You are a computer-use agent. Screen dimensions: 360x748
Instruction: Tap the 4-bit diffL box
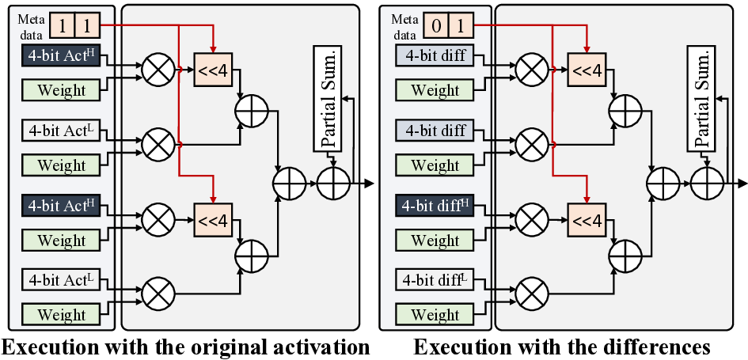(435, 279)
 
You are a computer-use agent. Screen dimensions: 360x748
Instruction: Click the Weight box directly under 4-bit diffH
(435, 241)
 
